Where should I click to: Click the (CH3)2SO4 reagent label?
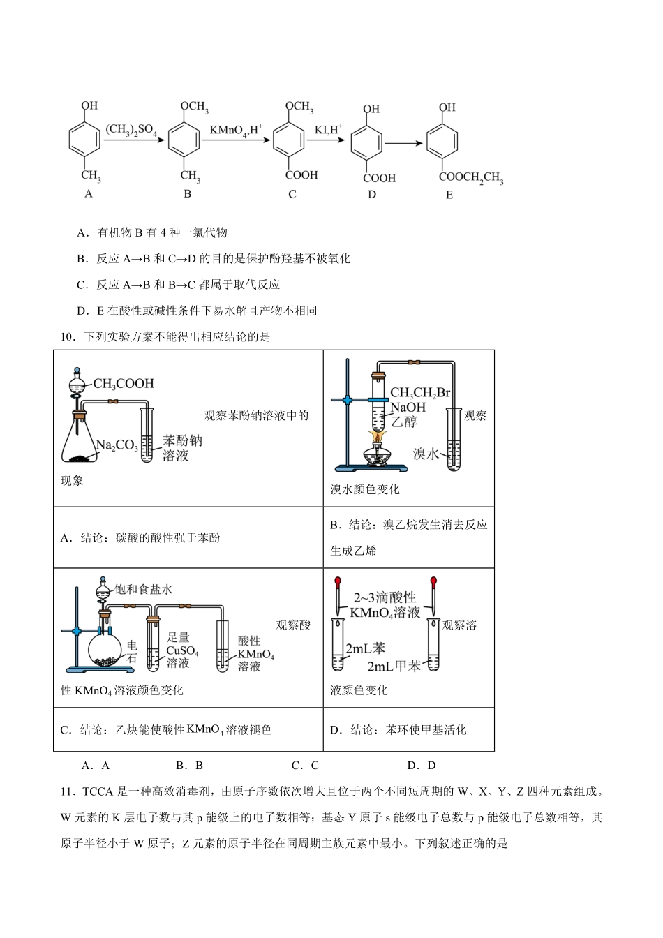point(131,131)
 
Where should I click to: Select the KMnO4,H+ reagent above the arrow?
point(236,130)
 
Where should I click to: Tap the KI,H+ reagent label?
point(328,130)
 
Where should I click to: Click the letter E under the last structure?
point(449,195)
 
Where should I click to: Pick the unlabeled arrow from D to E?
point(404,143)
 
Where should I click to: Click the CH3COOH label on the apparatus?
point(123,383)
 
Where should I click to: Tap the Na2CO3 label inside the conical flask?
point(117,445)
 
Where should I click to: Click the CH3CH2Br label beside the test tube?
point(420,394)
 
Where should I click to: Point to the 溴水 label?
point(425,454)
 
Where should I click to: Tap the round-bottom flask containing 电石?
point(107,650)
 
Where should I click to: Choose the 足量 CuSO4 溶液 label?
point(181,650)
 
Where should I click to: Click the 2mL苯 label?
point(365,649)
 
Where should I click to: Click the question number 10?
point(67,337)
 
